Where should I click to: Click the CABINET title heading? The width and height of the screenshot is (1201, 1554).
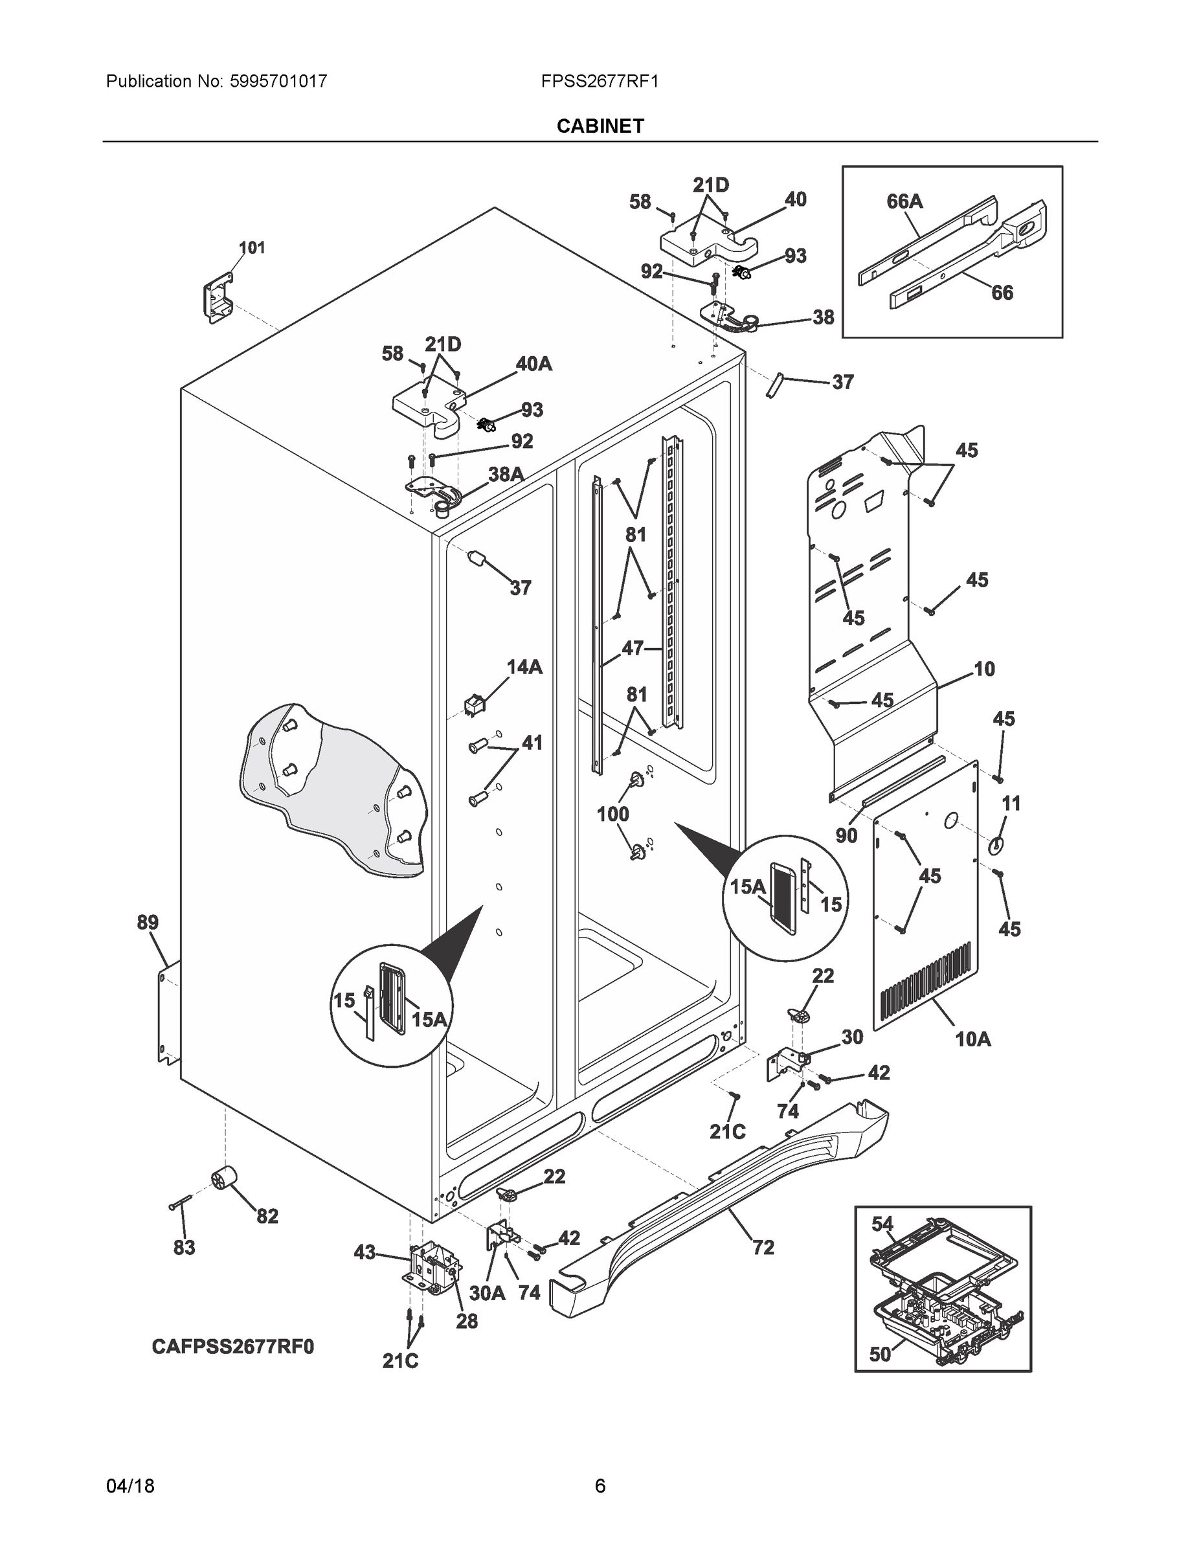click(600, 126)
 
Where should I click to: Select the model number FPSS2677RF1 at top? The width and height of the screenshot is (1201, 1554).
click(599, 81)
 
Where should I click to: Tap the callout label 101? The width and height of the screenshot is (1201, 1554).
click(251, 247)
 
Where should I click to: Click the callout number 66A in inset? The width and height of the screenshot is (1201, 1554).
click(904, 202)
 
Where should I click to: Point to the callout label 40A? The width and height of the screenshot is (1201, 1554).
click(533, 365)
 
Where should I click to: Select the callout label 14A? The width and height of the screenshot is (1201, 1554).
click(524, 667)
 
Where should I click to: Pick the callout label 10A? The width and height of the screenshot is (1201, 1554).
click(972, 1039)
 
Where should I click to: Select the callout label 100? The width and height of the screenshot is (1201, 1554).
click(612, 814)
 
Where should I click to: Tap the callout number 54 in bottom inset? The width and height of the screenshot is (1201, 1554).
click(882, 1224)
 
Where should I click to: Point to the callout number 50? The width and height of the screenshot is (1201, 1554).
click(880, 1355)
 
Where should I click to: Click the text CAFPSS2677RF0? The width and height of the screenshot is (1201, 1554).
click(232, 1347)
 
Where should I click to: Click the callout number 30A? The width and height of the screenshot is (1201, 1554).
click(487, 1293)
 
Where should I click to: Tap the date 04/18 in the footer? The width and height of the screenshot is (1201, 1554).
click(130, 1486)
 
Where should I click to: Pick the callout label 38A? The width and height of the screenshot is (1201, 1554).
click(506, 475)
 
